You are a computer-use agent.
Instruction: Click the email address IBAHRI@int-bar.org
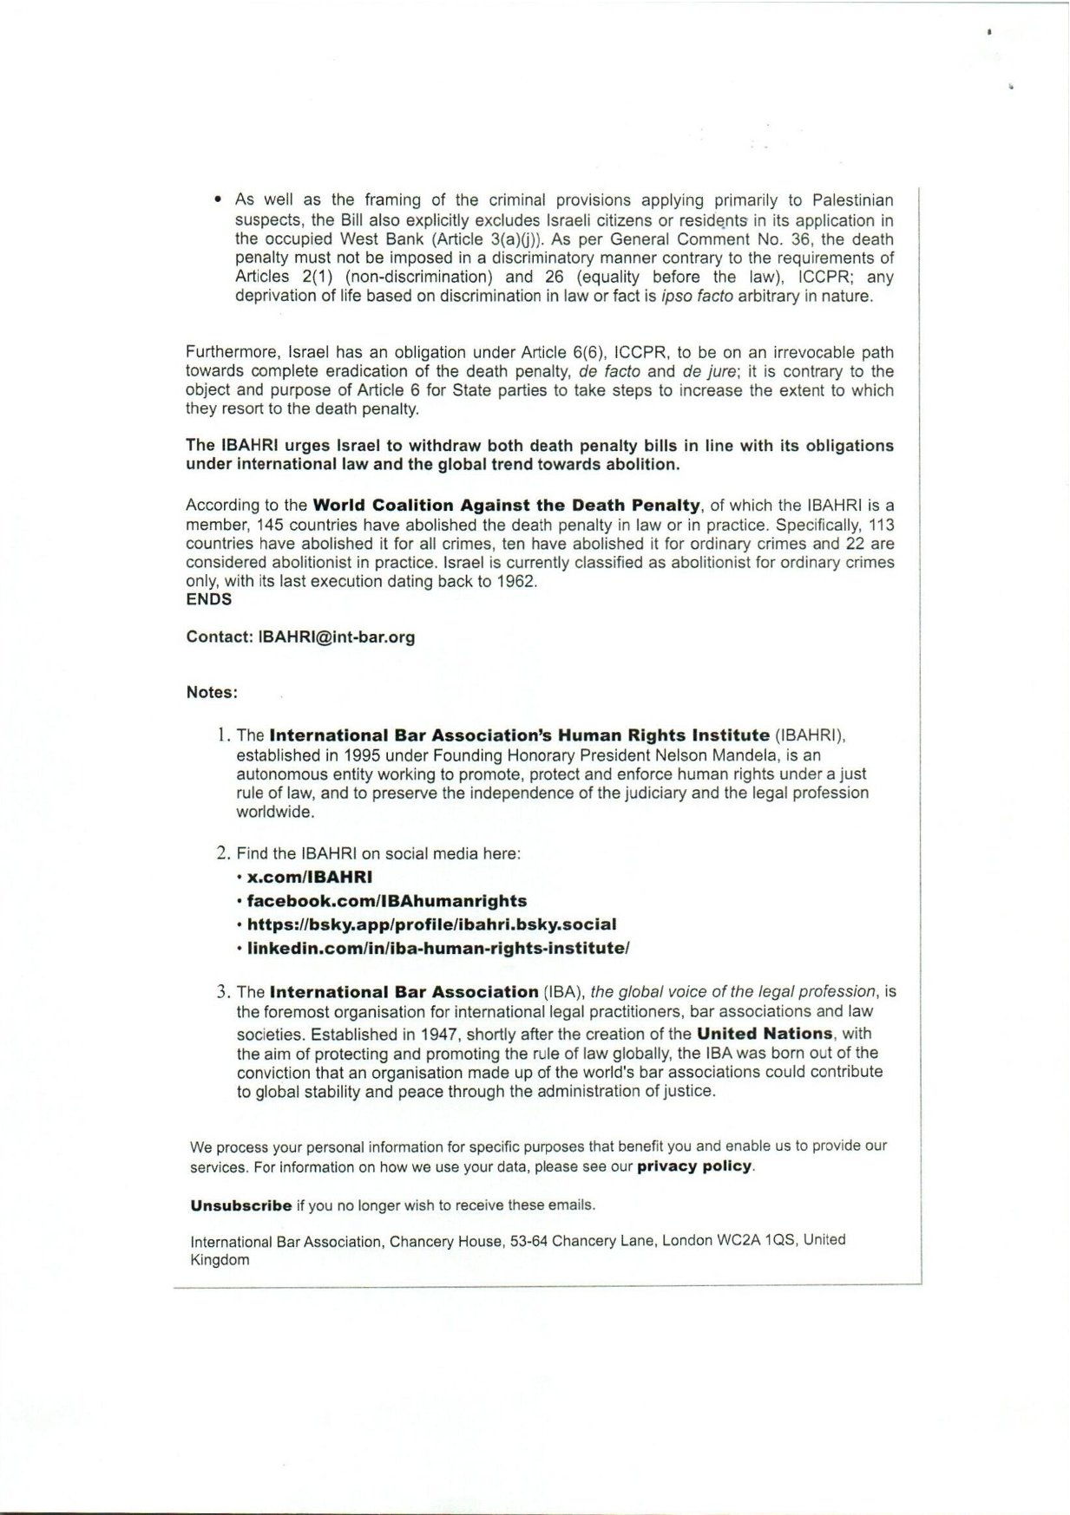pos(336,637)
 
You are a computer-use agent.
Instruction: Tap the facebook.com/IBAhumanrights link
pos(387,901)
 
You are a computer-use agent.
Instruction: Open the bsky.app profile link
pos(431,924)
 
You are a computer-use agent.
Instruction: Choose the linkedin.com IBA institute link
pos(438,948)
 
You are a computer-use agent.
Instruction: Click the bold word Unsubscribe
pos(241,1205)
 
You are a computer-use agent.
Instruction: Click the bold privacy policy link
pos(694,1166)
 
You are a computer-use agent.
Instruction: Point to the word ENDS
pos(209,599)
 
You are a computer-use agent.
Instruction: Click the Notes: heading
pos(212,693)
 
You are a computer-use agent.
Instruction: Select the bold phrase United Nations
pos(765,1034)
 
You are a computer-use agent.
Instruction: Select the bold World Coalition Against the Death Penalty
pos(505,506)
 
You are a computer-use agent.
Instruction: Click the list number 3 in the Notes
pos(222,992)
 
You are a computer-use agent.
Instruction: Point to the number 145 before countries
pos(269,526)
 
